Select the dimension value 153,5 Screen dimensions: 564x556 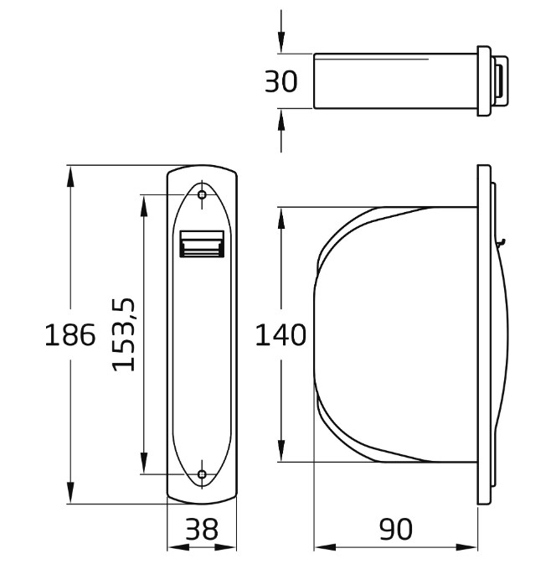[125, 335]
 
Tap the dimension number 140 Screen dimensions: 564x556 [281, 335]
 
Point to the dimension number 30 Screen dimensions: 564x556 [281, 82]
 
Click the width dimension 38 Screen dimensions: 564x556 [202, 530]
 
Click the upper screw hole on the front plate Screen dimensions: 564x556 [202, 195]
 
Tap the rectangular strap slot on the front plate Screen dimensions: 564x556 [202, 245]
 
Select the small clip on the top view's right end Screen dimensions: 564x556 [500, 81]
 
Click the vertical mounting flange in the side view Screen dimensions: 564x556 [483, 335]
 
